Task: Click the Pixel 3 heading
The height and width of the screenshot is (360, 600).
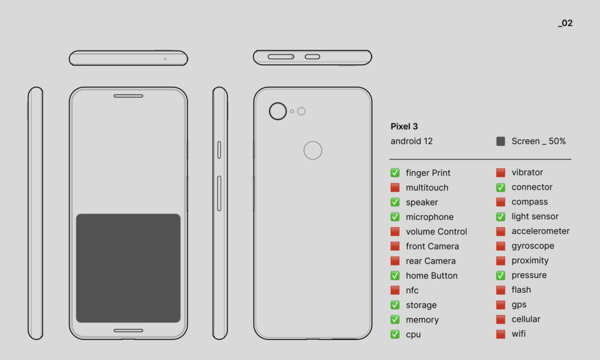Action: pos(404,127)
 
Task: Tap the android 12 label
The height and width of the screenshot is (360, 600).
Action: pos(412,141)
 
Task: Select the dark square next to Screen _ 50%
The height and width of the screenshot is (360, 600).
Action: pos(500,141)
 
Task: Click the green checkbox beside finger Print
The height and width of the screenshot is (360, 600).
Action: pos(395,173)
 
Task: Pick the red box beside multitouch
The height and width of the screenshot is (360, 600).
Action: pos(395,188)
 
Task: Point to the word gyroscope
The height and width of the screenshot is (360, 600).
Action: pos(533,246)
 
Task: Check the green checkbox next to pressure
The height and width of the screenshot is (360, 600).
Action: pos(500,275)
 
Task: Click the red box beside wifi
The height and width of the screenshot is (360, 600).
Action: pos(500,334)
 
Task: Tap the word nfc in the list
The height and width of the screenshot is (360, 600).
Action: pos(412,290)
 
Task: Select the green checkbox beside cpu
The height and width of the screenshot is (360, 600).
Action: pos(395,334)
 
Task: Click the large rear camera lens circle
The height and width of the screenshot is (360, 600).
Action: pos(278,111)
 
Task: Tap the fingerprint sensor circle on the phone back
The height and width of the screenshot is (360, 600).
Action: pos(313,151)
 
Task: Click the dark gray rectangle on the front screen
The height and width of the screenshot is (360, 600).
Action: pos(128,268)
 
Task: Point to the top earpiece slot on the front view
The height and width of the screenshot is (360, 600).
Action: pos(128,96)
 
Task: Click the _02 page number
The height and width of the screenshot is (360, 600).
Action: pos(565,23)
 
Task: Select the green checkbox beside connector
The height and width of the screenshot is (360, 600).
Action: pos(500,187)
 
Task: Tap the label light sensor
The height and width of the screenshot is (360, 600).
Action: pos(535,216)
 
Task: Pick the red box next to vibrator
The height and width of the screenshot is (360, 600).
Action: pos(500,172)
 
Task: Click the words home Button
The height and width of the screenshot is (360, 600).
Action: pos(432,276)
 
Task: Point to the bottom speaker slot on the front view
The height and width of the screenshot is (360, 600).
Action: pos(128,331)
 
